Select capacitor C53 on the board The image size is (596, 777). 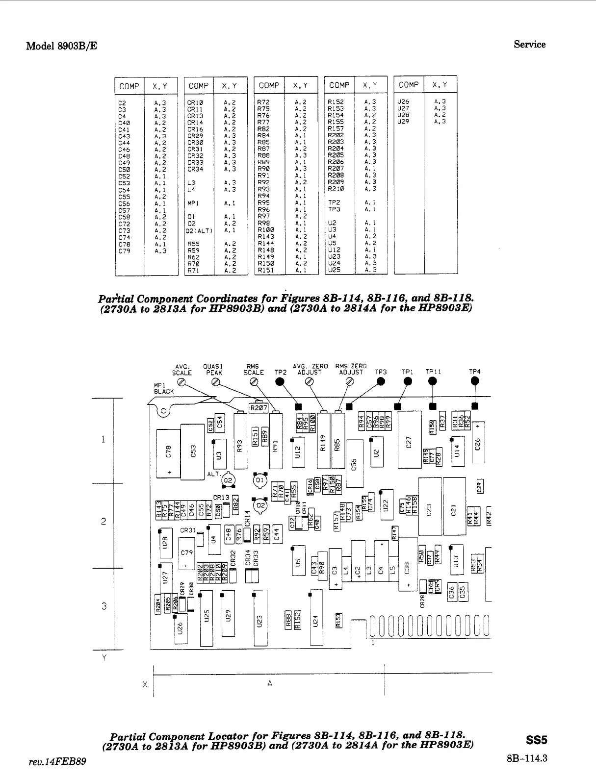click(193, 451)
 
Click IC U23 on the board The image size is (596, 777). click(260, 619)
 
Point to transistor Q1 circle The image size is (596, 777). click(260, 480)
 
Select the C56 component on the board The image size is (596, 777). click(354, 463)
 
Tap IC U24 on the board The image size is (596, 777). click(316, 619)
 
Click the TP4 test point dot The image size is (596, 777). click(474, 383)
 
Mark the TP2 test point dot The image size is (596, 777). click(281, 383)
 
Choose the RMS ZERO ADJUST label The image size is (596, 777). click(351, 369)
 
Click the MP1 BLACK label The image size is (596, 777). click(164, 388)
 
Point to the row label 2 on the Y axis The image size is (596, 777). click(104, 522)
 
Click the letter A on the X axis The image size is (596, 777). click(269, 683)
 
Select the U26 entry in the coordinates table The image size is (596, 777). click(403, 102)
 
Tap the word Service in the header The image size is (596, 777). click(529, 44)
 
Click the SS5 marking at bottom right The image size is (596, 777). click(536, 740)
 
